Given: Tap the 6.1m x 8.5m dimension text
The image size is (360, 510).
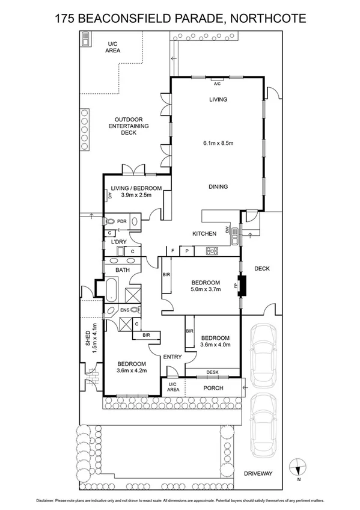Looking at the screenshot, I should tap(218, 143).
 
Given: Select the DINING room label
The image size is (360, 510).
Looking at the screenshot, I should tap(218, 186).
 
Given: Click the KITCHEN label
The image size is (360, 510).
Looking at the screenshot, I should tap(204, 233).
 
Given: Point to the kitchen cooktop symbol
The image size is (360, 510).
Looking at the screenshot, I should tap(212, 251).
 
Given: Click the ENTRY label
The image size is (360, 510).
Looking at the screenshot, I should tap(172, 357).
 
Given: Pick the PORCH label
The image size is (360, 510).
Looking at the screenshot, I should tap(213, 388).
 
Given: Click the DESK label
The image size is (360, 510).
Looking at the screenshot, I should tap(212, 373).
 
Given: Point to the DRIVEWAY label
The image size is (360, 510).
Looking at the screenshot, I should tap(258, 474).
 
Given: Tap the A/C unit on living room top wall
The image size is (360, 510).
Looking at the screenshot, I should tap(217, 80).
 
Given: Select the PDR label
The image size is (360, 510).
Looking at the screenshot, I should tap(122, 221).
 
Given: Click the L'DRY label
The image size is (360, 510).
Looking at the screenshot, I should tap(117, 242).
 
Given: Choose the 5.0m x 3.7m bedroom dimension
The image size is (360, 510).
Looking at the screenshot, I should tap(206, 289).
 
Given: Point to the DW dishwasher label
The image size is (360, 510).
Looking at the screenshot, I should tap(228, 229).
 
